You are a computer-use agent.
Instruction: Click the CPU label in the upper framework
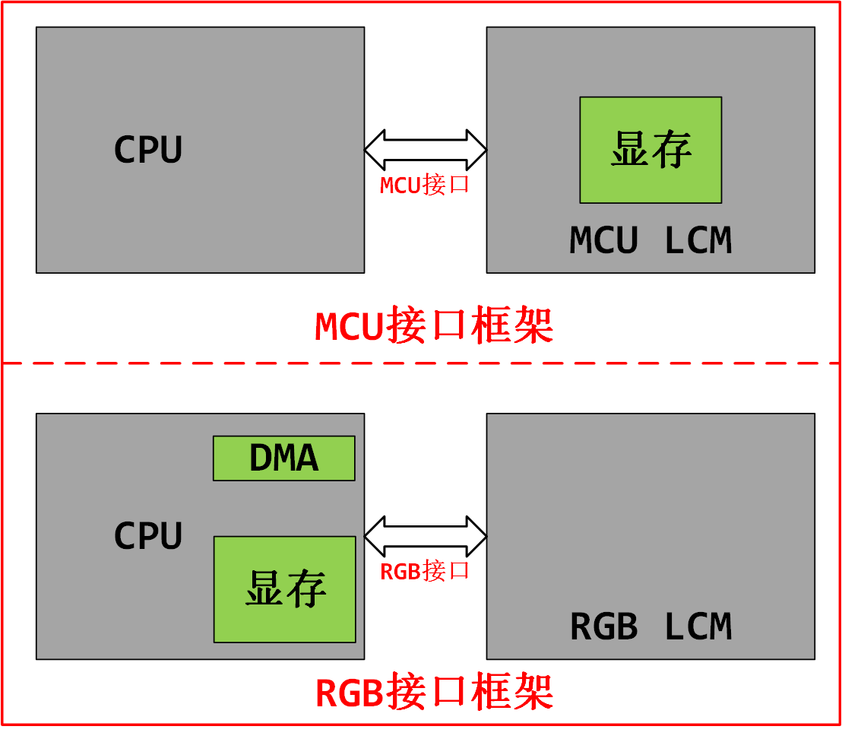(148, 150)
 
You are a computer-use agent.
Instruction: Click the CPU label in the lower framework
(148, 536)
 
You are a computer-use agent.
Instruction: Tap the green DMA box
(283, 458)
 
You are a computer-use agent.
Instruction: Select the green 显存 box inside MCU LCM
(650, 150)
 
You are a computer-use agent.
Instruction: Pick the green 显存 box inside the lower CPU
(284, 589)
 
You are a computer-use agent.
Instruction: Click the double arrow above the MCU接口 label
(426, 149)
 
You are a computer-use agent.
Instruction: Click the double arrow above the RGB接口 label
(426, 535)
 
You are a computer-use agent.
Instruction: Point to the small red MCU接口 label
(425, 185)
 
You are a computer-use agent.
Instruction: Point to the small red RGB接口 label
(425, 571)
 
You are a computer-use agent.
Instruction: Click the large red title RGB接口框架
(434, 692)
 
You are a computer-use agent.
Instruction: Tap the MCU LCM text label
(650, 241)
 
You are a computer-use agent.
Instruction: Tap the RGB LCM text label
(650, 627)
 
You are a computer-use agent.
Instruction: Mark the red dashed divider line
(421, 363)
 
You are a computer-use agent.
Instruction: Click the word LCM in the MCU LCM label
(698, 241)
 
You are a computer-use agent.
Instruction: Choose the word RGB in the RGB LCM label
(604, 627)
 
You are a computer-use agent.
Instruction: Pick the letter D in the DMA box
(261, 458)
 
